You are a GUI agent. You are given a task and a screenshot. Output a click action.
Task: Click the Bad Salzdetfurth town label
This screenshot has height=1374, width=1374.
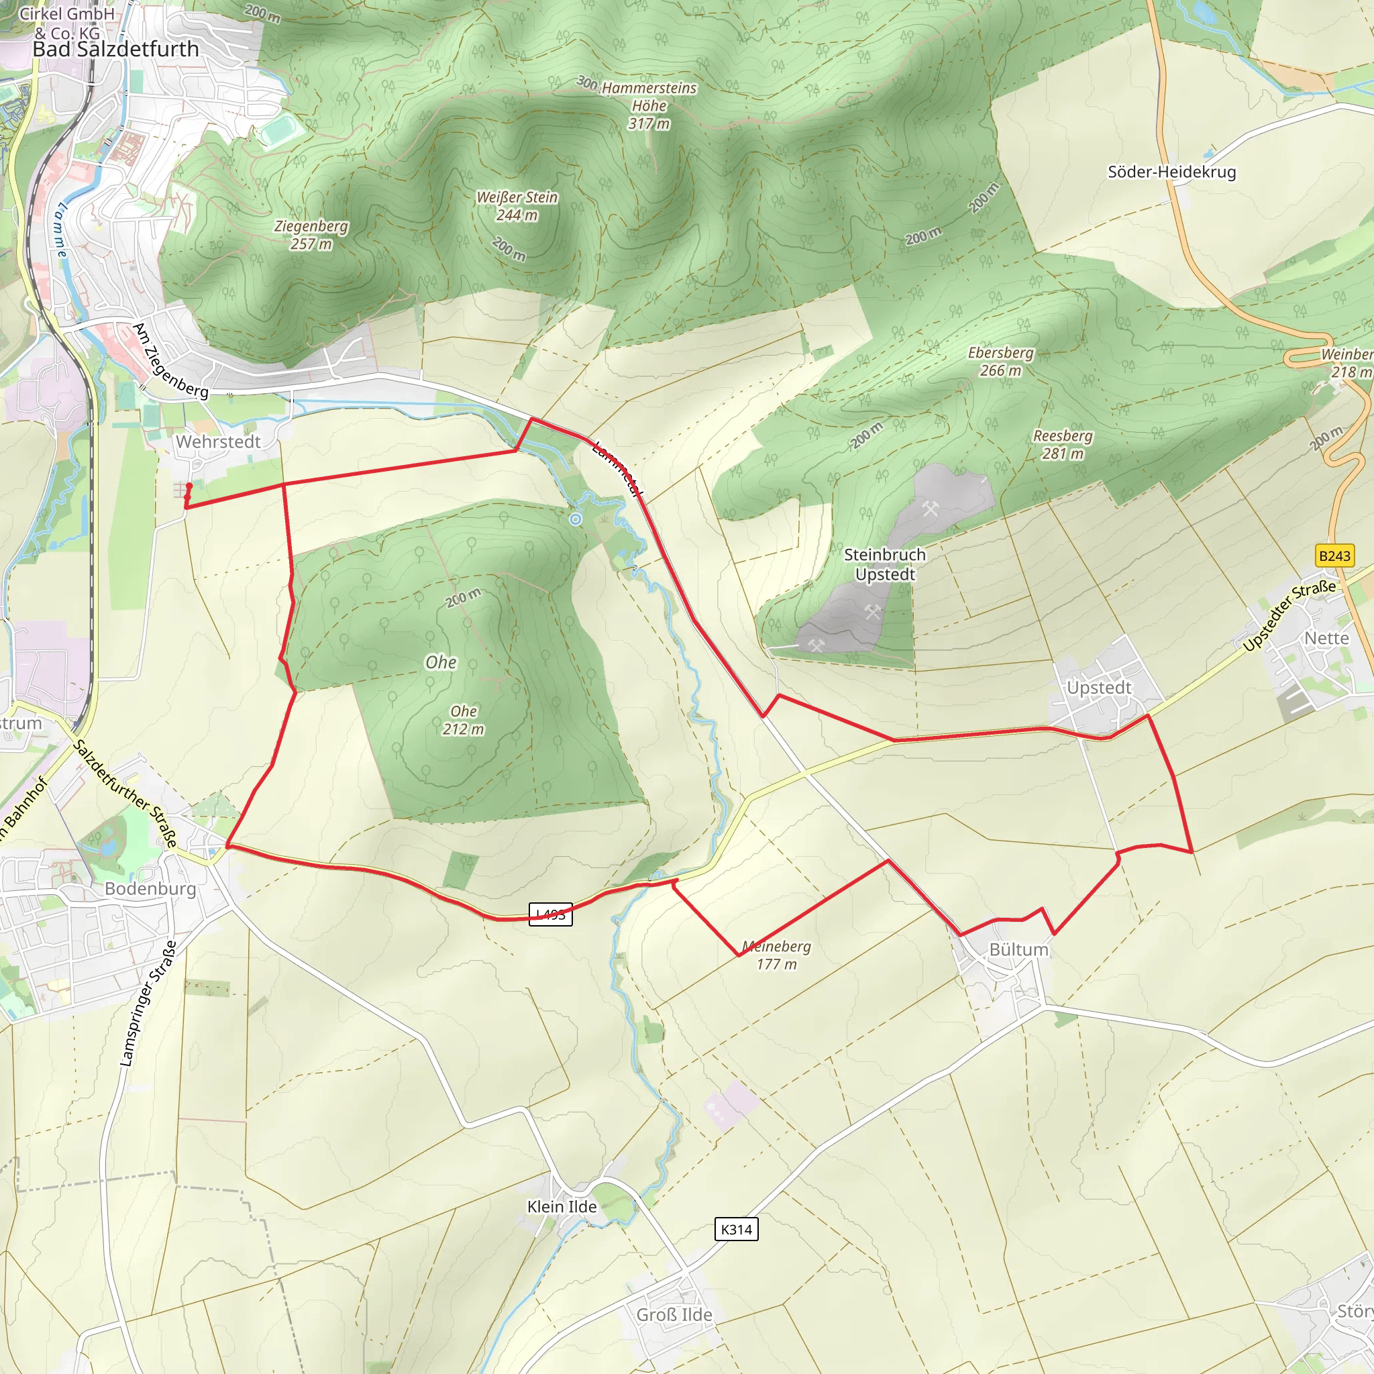pyautogui.click(x=116, y=49)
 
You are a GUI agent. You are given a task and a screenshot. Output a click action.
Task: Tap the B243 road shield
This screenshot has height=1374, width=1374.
pyautogui.click(x=1334, y=556)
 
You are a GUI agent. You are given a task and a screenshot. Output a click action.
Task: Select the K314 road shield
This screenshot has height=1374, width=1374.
pyautogui.click(x=736, y=1229)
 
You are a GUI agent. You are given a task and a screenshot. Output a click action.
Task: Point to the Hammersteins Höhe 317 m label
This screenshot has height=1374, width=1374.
pyautogui.click(x=649, y=105)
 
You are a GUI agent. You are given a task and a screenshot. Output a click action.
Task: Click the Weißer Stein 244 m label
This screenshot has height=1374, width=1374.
pyautogui.click(x=517, y=205)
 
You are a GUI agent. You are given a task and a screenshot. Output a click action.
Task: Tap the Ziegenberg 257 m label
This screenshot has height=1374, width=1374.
pyautogui.click(x=311, y=235)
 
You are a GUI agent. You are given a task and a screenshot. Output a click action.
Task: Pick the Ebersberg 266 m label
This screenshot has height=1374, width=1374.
pyautogui.click(x=1000, y=362)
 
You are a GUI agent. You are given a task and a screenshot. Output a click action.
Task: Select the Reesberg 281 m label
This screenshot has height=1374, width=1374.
pyautogui.click(x=1063, y=445)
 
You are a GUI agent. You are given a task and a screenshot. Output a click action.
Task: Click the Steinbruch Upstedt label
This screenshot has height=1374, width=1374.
pyautogui.click(x=885, y=564)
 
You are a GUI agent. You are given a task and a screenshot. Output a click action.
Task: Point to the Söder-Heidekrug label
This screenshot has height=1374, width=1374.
pyautogui.click(x=1171, y=172)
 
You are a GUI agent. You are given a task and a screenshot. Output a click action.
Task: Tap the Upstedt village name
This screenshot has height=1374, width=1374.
pyautogui.click(x=1099, y=688)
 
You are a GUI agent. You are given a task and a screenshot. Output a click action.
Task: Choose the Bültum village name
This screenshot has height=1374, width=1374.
pyautogui.click(x=1018, y=949)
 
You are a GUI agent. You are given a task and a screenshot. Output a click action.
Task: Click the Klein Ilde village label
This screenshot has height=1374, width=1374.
pyautogui.click(x=562, y=1206)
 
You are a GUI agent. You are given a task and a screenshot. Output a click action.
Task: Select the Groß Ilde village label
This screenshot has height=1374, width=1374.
pyautogui.click(x=674, y=1314)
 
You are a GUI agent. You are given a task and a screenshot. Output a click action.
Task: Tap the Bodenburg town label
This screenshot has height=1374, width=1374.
pyautogui.click(x=150, y=888)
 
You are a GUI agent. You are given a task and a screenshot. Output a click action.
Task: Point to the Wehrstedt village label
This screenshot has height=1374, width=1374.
pyautogui.click(x=218, y=441)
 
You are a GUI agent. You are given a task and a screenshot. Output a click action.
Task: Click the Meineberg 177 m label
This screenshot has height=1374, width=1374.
pyautogui.click(x=777, y=955)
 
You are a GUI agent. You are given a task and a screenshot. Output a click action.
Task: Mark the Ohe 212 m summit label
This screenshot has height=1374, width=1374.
pyautogui.click(x=464, y=720)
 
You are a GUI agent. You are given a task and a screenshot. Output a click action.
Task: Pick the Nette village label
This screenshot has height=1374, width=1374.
pyautogui.click(x=1326, y=638)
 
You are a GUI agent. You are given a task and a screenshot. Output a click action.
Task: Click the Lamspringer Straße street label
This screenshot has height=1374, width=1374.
pyautogui.click(x=148, y=1004)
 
